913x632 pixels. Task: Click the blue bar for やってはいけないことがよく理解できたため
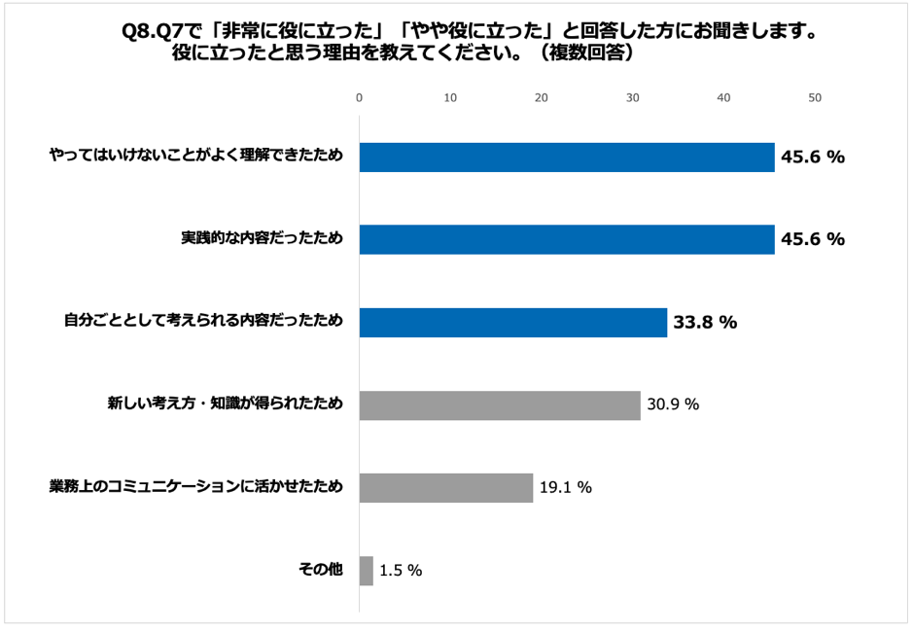coord(567,157)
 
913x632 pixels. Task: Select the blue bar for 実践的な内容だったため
coord(567,239)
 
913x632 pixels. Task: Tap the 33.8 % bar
coord(513,322)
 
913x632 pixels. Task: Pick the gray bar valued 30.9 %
coord(500,404)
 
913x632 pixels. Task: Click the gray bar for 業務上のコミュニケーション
coord(446,487)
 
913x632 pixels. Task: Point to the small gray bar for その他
coord(367,571)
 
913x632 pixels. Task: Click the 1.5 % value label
coord(401,571)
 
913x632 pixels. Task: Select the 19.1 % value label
coord(566,488)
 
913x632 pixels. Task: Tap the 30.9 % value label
coord(673,405)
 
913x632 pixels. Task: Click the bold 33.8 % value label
coord(704,323)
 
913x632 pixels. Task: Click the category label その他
coord(320,570)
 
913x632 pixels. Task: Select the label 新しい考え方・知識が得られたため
coord(225,404)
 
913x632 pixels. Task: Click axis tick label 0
coord(360,97)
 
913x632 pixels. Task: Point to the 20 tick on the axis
coord(542,97)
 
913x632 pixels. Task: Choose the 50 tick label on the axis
coord(815,97)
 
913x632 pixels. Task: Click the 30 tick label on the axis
coord(633,97)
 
